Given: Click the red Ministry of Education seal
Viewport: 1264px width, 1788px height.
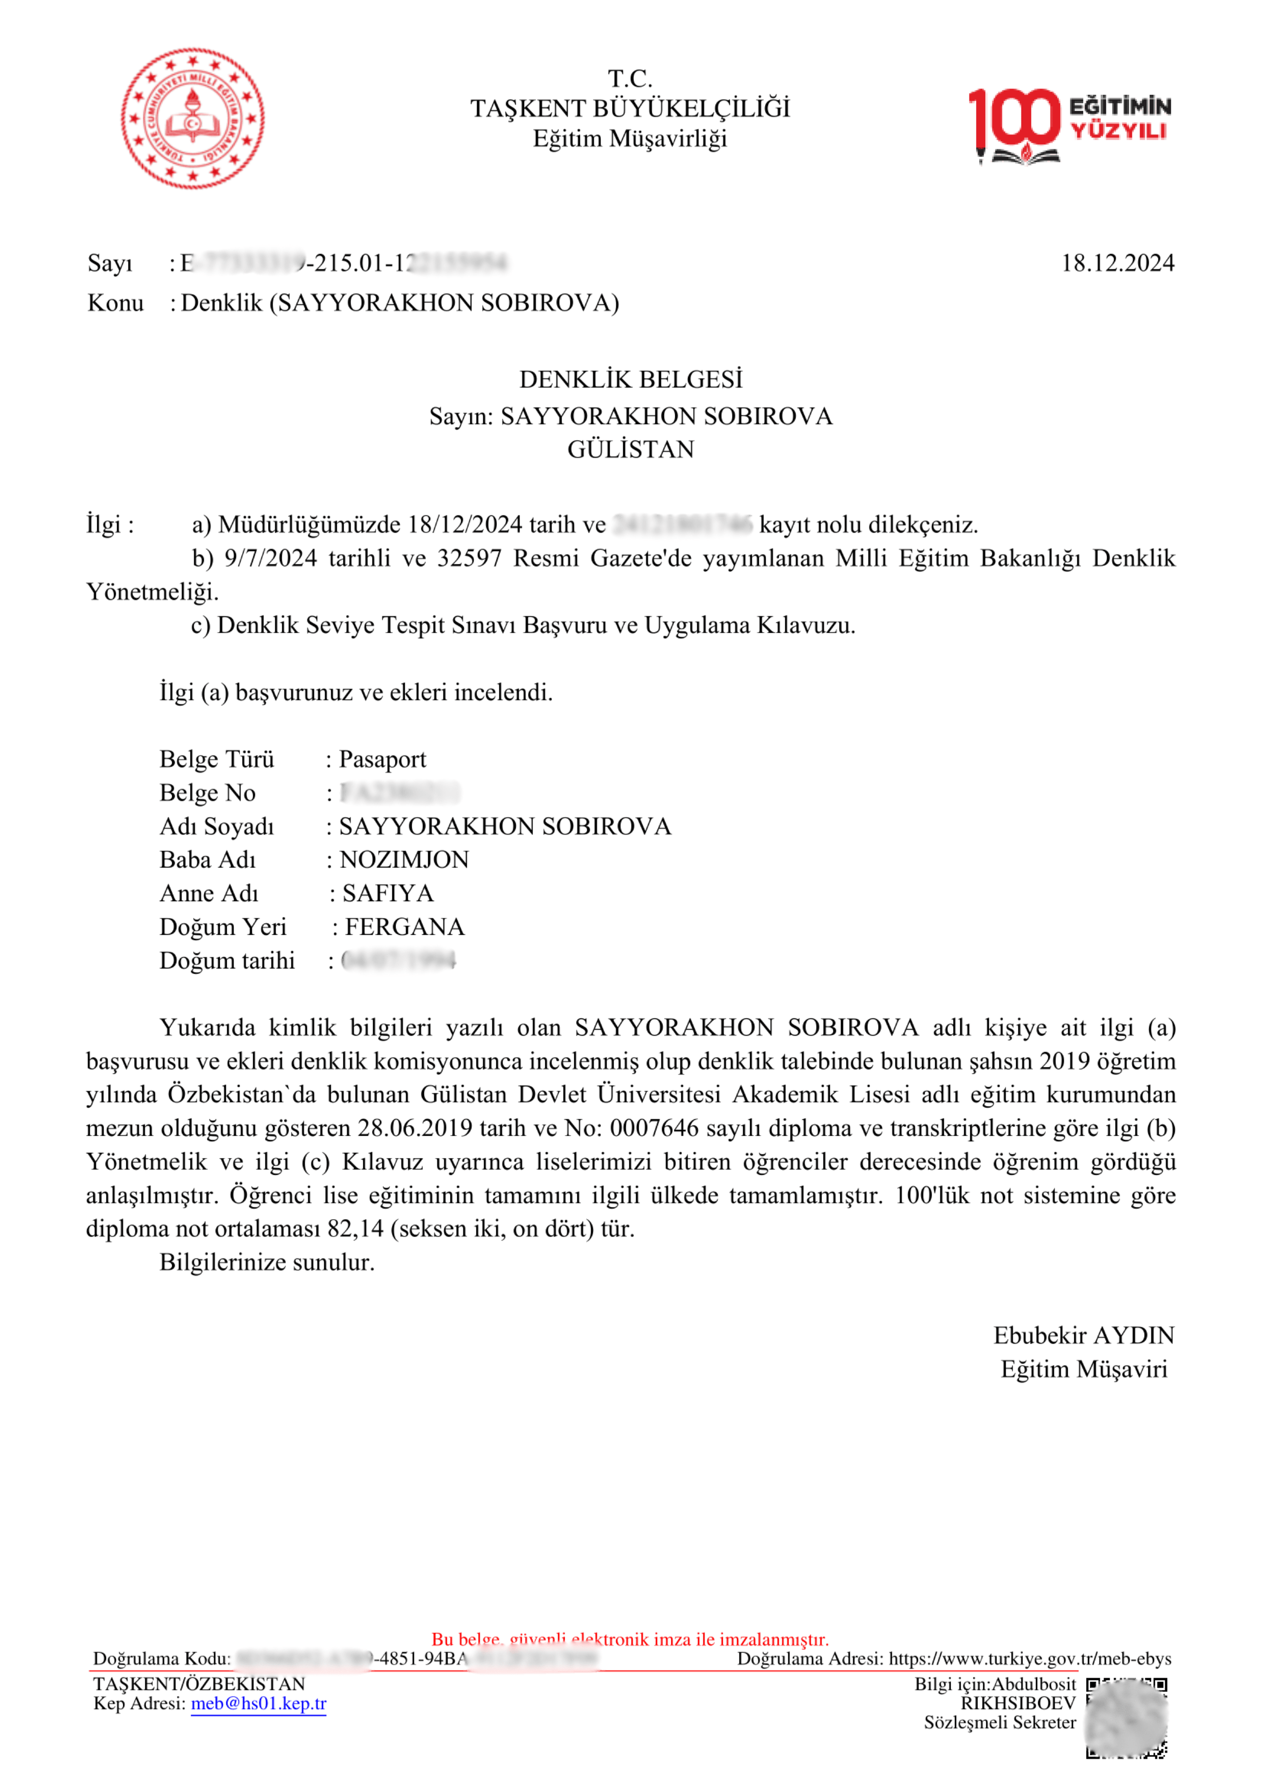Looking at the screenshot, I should [x=192, y=118].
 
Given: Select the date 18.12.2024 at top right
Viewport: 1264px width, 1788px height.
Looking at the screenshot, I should [x=1118, y=263].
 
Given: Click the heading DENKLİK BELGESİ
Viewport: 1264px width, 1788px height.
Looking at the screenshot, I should [x=631, y=379].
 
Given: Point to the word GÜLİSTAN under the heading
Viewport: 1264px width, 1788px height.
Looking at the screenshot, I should [x=631, y=450].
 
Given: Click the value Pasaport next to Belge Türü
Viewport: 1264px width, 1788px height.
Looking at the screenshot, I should [x=382, y=759].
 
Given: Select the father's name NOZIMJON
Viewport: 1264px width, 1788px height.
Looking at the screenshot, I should [x=404, y=860].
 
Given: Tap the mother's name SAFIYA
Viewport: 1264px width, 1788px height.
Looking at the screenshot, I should [x=388, y=893].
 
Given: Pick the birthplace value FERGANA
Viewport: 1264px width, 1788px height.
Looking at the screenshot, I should [x=404, y=927].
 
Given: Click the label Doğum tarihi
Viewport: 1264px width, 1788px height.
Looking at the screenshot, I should [x=227, y=960].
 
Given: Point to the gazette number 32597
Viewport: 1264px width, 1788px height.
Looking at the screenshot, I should [x=469, y=558].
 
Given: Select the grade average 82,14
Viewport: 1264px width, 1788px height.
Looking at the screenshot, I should [x=355, y=1229].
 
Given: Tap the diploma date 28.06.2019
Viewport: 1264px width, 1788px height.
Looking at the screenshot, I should [x=415, y=1128].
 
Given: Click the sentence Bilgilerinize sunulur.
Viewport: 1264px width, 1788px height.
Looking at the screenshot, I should [x=267, y=1263].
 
